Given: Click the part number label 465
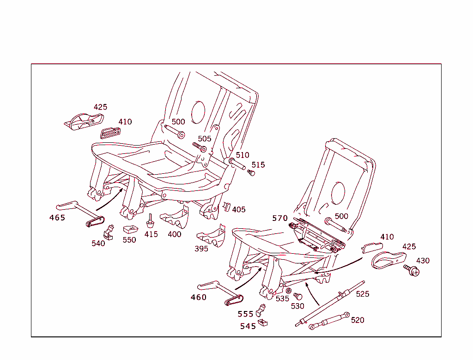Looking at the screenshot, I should (x=57, y=218).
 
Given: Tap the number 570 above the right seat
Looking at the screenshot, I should (x=280, y=218).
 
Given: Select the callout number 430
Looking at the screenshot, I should (x=423, y=261).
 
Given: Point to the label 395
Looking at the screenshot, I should (x=201, y=249).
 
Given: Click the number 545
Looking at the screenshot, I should (x=248, y=326).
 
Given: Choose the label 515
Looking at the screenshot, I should (x=258, y=165).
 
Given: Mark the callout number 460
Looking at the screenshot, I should (x=199, y=297).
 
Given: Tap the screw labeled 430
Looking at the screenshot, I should (x=411, y=269).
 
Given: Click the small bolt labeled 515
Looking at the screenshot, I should (x=251, y=173).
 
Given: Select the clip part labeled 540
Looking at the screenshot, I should (x=109, y=231).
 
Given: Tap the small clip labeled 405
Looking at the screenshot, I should (x=226, y=206).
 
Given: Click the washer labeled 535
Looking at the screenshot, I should (x=289, y=291).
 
